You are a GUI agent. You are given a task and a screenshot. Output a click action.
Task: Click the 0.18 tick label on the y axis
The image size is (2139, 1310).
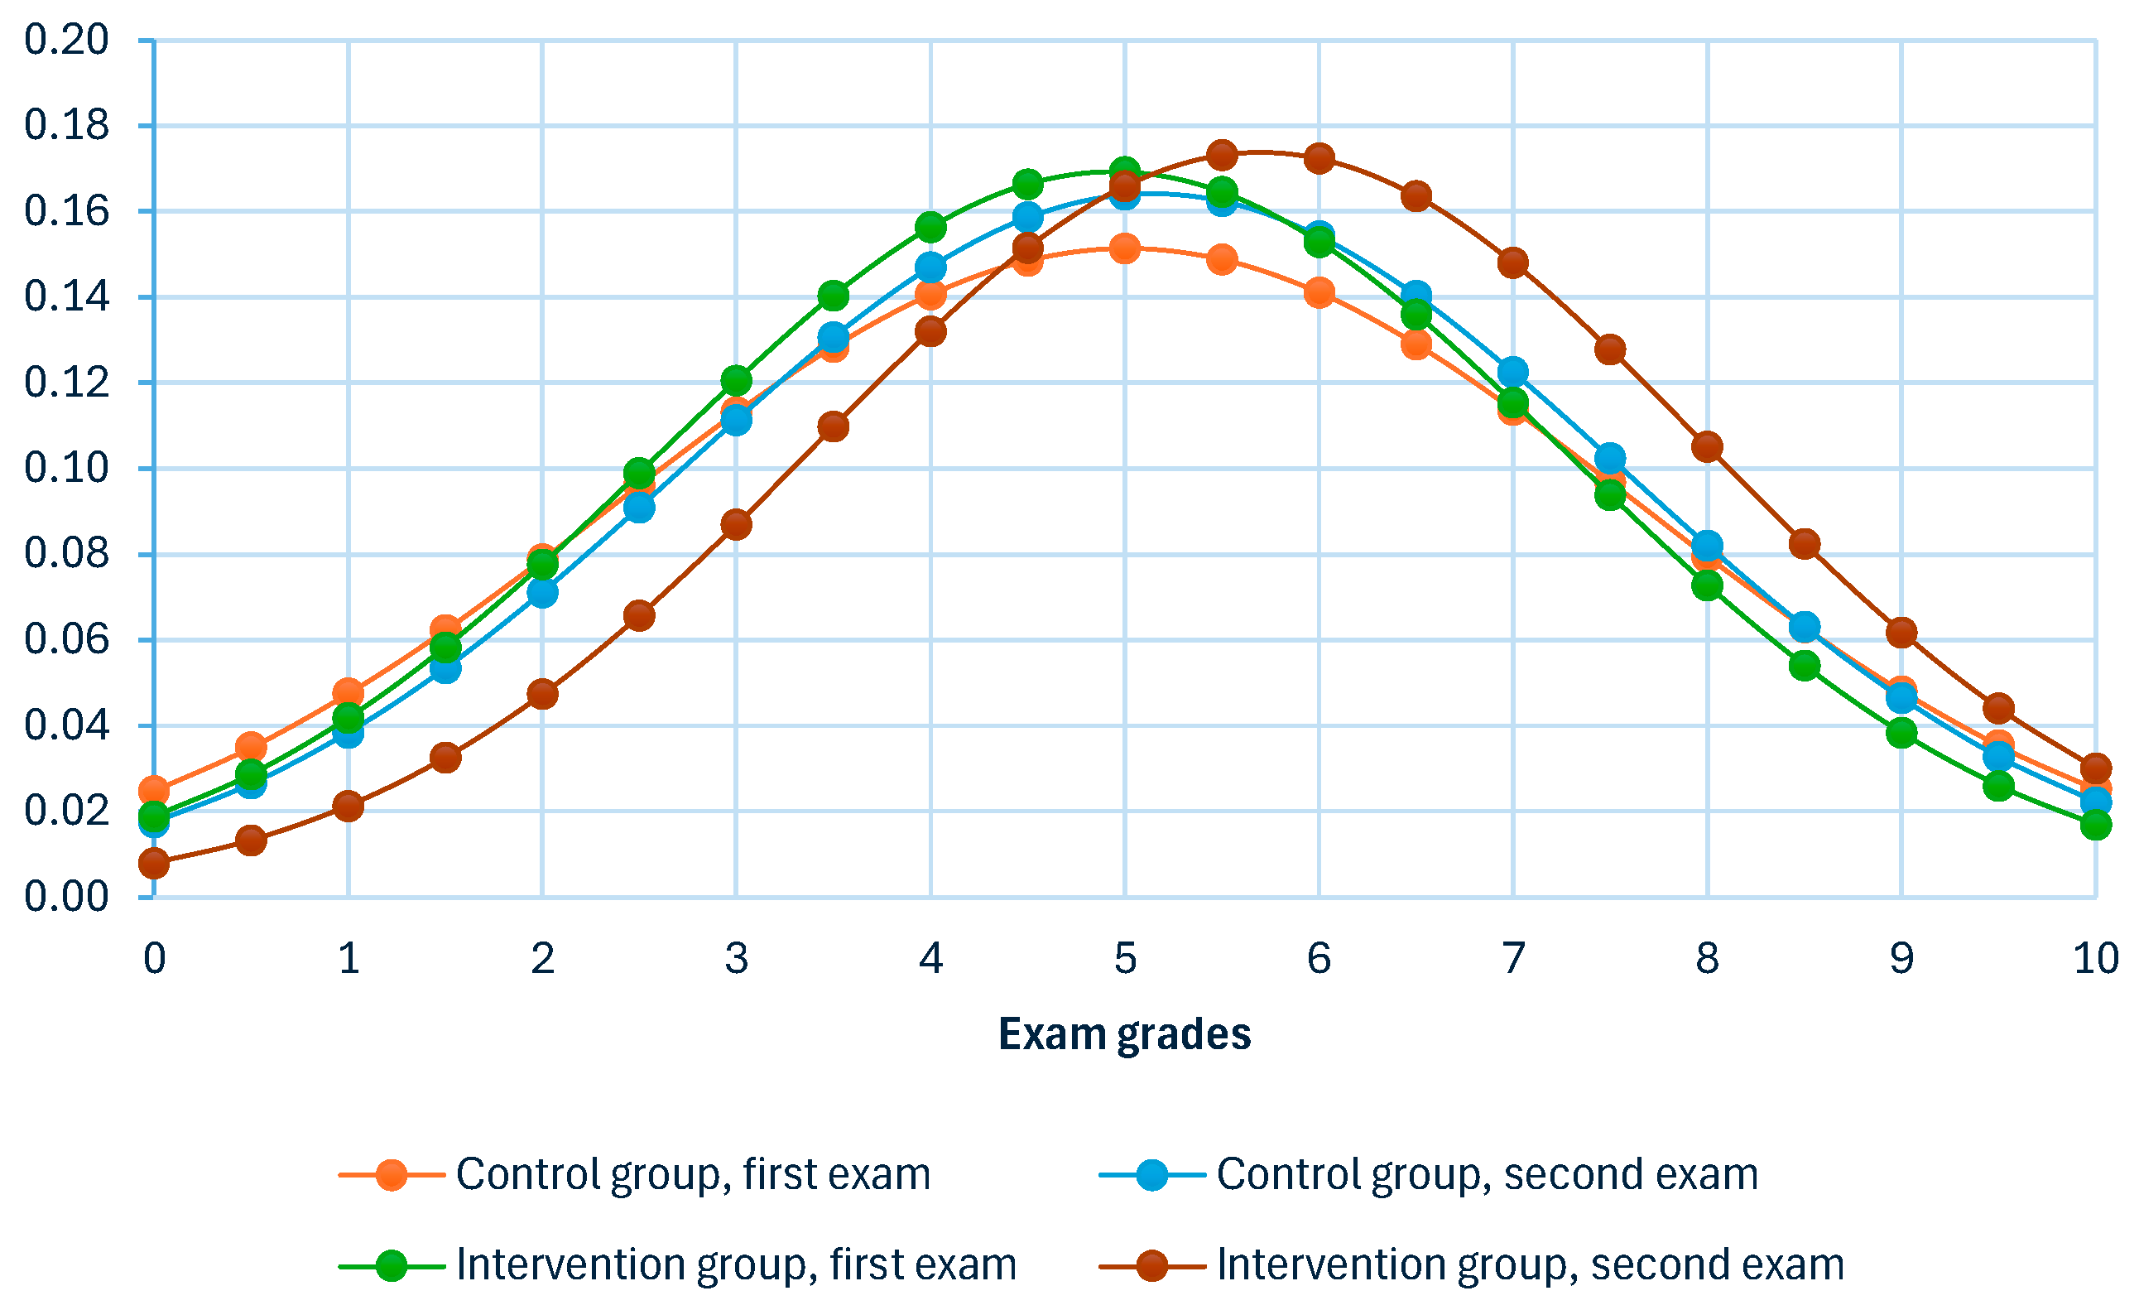pos(66,126)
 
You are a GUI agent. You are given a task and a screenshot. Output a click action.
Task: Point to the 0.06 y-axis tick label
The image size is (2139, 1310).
pos(66,641)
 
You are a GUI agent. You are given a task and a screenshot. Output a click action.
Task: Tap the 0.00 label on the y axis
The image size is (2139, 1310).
pos(66,898)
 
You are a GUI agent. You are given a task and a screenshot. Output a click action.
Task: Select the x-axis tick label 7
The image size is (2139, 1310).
pos(1513,959)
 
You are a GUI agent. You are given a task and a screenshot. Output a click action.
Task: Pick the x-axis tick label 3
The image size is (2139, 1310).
pos(736,959)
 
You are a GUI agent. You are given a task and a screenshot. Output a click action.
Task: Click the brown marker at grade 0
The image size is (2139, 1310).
pos(154,864)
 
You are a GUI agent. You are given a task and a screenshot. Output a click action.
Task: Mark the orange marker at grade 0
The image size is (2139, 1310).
pos(154,790)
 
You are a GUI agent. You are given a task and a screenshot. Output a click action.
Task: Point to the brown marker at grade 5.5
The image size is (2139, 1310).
pos(1223,156)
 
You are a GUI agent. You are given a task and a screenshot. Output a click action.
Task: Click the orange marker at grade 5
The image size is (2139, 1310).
pos(1125,249)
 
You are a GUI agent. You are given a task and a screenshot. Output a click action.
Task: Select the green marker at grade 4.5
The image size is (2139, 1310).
pos(1028,184)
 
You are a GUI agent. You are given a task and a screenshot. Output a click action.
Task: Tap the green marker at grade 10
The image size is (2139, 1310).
pos(2096,825)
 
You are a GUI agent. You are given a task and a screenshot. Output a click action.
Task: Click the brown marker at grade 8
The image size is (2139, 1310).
pos(1708,447)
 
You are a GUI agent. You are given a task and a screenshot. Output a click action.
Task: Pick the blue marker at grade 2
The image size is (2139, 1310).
pos(542,594)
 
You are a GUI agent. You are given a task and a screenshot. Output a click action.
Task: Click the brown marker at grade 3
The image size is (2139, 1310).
pos(736,524)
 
